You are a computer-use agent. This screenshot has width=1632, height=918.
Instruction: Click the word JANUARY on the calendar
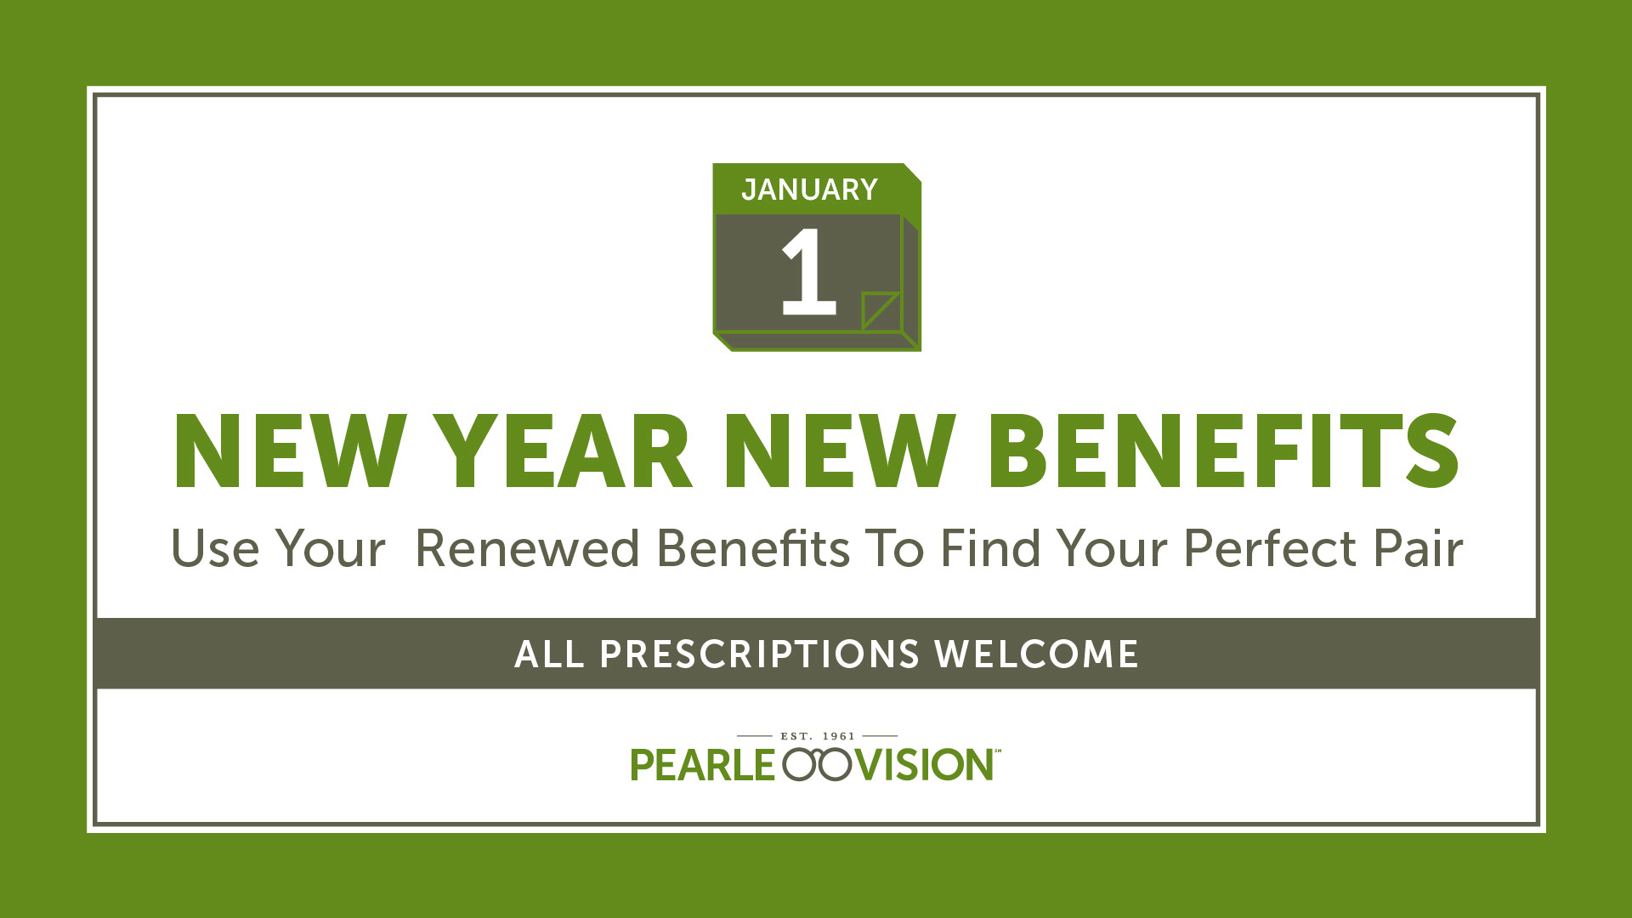(x=809, y=190)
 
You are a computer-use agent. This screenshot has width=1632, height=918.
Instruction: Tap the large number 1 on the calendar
(x=809, y=271)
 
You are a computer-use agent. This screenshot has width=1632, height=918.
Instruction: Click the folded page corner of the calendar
(x=881, y=311)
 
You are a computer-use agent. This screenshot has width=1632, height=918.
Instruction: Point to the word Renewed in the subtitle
(x=527, y=548)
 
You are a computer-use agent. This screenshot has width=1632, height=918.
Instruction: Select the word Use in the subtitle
(x=215, y=548)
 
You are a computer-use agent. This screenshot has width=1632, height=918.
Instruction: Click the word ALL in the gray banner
(x=549, y=654)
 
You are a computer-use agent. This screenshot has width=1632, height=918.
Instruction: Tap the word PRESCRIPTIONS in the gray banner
(x=760, y=654)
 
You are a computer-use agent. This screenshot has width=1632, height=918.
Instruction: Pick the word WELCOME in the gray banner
(x=1036, y=654)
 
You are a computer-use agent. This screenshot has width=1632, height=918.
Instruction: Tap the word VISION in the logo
(x=924, y=765)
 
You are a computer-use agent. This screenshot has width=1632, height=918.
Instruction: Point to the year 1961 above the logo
(x=839, y=736)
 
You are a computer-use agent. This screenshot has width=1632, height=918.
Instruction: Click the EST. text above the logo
(x=796, y=736)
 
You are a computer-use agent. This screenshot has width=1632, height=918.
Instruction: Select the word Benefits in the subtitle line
(x=753, y=548)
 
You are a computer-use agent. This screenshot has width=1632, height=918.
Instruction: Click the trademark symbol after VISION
(x=998, y=751)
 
